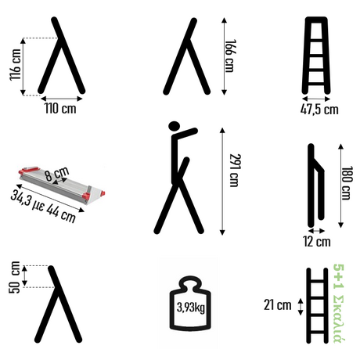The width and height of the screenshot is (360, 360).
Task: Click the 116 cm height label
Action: (x=15, y=64)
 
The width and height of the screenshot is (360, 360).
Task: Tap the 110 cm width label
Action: (x=60, y=108)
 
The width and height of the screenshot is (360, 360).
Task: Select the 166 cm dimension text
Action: (x=230, y=56)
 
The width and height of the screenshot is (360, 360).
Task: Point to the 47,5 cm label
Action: (x=319, y=110)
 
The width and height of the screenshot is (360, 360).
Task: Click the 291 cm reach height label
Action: (x=235, y=170)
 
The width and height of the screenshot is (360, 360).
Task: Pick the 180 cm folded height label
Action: (x=347, y=182)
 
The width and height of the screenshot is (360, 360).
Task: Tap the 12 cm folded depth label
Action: (x=317, y=241)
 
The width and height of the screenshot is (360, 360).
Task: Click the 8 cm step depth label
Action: (x=57, y=174)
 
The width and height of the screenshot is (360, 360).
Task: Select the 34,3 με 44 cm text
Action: (x=44, y=206)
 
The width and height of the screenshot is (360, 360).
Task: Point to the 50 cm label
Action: (x=14, y=277)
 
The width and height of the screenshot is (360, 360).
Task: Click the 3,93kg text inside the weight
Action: (x=191, y=308)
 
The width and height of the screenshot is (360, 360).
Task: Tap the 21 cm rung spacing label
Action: (x=277, y=305)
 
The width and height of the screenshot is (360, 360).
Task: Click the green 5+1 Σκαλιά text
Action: (x=340, y=303)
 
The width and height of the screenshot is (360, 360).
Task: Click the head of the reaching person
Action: (x=175, y=126)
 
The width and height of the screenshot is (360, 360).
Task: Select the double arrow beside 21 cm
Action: (x=301, y=307)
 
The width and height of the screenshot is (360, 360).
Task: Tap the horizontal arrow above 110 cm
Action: (x=62, y=99)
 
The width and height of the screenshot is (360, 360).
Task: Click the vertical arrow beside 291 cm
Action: (x=222, y=182)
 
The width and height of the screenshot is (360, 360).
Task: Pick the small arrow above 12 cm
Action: (x=316, y=231)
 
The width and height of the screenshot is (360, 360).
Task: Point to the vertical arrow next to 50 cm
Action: (x=24, y=276)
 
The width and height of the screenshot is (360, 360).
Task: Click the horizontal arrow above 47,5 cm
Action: (x=316, y=99)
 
